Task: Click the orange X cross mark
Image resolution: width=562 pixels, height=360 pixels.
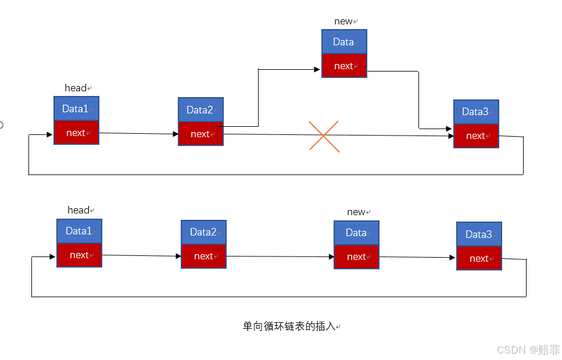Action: point(324,137)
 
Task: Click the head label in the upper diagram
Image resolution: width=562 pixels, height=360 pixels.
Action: point(76,88)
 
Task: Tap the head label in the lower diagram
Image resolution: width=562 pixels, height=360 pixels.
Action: point(78,210)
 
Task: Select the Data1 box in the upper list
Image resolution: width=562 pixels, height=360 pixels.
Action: point(76,109)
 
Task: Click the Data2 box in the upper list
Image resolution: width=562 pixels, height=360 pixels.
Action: point(201,110)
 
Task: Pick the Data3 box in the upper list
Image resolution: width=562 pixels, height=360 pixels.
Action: point(476,112)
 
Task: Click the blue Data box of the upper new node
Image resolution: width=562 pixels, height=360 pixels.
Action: point(344,42)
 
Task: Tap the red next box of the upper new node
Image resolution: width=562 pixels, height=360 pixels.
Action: point(344,66)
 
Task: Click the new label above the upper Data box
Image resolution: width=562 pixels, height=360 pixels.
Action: point(343,22)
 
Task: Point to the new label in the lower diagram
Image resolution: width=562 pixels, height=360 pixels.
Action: point(356,212)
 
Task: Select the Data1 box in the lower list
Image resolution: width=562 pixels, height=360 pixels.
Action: point(79,231)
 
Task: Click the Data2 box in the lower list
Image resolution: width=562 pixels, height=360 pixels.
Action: point(203,232)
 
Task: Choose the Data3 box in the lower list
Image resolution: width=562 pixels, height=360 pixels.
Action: point(479,234)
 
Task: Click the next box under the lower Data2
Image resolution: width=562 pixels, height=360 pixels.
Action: point(203,256)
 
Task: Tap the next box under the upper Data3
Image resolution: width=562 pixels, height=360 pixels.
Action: point(476,136)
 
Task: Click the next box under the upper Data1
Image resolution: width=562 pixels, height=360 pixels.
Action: point(76,133)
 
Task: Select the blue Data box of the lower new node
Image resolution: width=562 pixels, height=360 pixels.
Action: point(356,233)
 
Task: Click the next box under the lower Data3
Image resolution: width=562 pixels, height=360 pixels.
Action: point(479,258)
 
